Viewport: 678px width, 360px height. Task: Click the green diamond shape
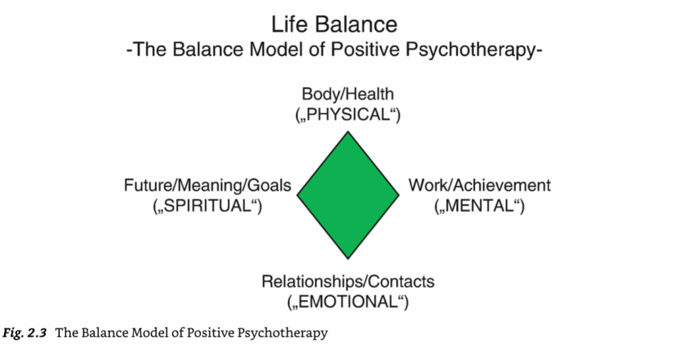click(348, 195)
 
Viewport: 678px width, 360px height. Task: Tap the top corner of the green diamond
click(348, 133)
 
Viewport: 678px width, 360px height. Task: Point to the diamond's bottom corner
click(348, 257)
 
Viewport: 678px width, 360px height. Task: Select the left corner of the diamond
click(298, 195)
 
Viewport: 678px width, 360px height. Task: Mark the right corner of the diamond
click(399, 195)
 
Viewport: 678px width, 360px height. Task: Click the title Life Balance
click(335, 24)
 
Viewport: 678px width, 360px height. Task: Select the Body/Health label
click(348, 94)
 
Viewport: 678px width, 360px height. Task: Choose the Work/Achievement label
click(479, 185)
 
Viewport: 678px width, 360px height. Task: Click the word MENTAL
click(480, 206)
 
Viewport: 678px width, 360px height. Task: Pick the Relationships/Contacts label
click(348, 282)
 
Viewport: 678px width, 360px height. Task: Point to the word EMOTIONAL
click(348, 302)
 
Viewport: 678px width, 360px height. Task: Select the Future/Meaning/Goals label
click(207, 185)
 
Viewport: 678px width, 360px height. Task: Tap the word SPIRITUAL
click(207, 206)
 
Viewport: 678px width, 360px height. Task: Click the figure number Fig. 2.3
click(25, 333)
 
